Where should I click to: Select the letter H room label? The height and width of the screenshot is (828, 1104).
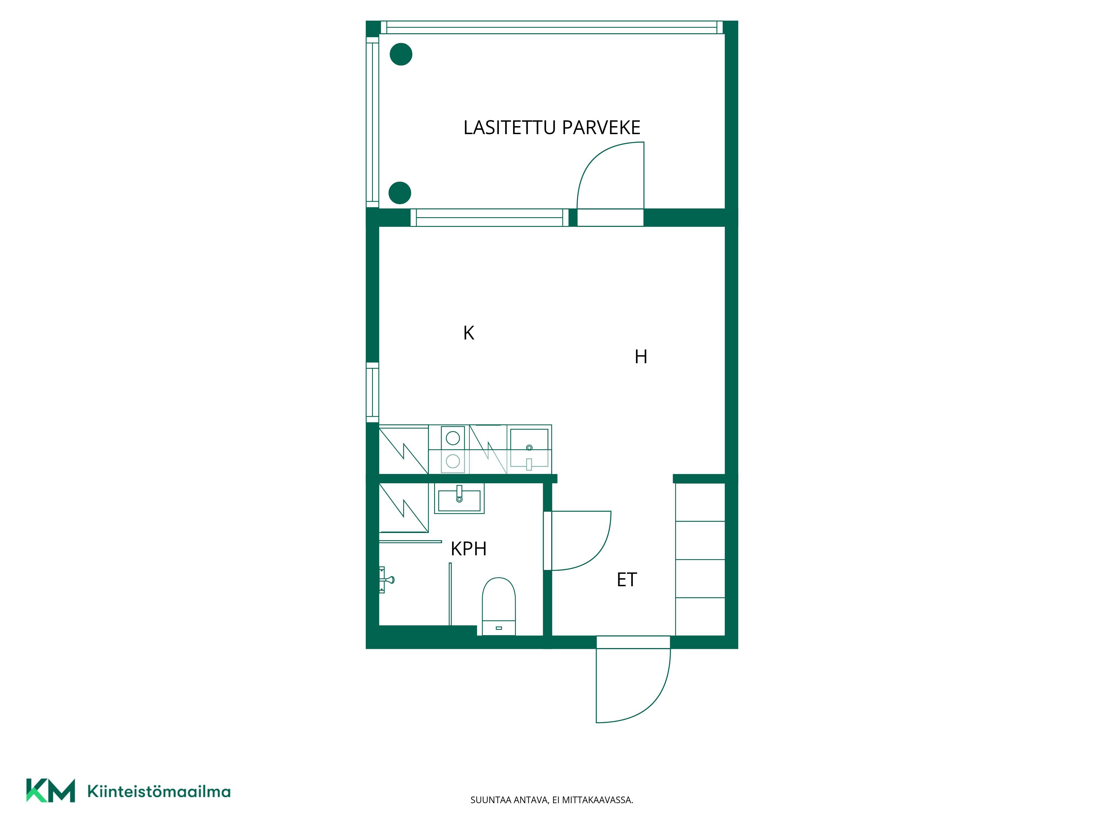pos(641,357)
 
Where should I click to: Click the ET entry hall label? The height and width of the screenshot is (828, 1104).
pos(627,579)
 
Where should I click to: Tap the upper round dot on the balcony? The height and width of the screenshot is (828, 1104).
pos(401,54)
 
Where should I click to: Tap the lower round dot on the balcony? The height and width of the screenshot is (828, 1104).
pos(400,193)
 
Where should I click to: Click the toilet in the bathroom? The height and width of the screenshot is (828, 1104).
pos(499,606)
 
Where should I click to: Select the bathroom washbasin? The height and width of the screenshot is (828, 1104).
pos(459,498)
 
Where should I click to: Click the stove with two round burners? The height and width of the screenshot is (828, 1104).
pos(453,449)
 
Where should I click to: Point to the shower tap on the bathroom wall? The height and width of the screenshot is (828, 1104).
pos(387,579)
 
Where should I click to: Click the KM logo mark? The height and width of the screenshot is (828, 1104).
pos(51,790)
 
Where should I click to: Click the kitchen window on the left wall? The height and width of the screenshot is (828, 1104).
pos(372,392)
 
